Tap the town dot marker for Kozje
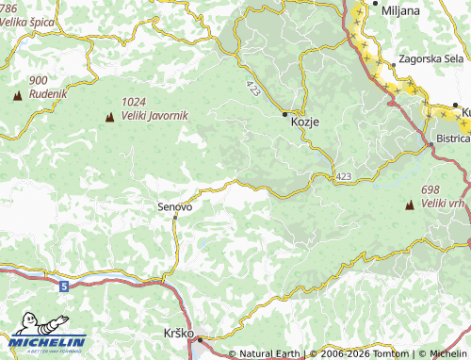(285, 114)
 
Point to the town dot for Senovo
(175, 218)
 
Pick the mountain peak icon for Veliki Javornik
(109, 118)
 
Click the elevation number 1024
(134, 102)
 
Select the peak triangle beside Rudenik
(17, 96)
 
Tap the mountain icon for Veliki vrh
(410, 205)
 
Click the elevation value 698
(431, 189)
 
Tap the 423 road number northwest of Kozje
(253, 87)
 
